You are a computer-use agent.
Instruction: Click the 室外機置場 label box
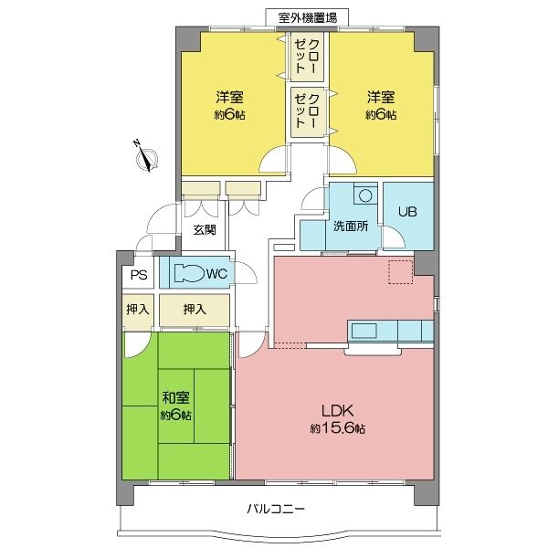pos(307,17)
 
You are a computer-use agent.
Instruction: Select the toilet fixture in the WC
pos(189,272)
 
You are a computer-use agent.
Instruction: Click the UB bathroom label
pos(407,212)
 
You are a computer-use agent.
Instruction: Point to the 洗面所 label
pos(351,227)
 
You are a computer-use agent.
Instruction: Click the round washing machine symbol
pos(365,195)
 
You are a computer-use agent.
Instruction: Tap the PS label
pos(139,275)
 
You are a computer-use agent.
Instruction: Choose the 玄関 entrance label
pos(205,229)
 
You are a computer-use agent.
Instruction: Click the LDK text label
pos(338,411)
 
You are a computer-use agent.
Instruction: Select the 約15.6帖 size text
pos(338,428)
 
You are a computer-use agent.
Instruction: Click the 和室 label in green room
pos(175,397)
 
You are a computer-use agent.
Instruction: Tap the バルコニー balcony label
pos(276,509)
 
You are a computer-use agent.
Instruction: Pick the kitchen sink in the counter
pos(364,331)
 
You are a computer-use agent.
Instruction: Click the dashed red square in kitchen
pos(401,272)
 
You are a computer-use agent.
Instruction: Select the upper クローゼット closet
pos(307,57)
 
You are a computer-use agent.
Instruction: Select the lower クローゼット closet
pos(307,111)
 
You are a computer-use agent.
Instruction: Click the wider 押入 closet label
pos(195,310)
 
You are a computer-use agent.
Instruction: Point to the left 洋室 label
pos(229,97)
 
